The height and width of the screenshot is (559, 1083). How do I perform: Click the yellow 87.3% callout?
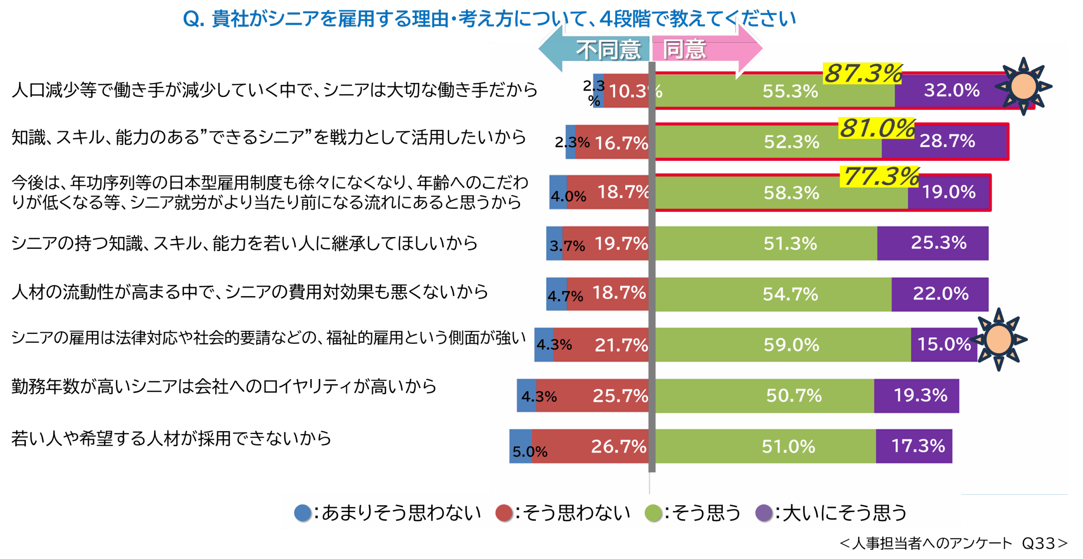click(863, 73)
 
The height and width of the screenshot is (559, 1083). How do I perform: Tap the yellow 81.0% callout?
click(877, 128)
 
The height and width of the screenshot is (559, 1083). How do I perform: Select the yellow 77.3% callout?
click(880, 176)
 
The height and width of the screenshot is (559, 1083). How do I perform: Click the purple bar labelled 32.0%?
click(952, 90)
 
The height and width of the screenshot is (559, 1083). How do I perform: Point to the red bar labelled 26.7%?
click(592, 446)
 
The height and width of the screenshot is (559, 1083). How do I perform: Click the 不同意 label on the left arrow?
click(608, 50)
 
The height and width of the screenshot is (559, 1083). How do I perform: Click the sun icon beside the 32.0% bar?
click(1023, 86)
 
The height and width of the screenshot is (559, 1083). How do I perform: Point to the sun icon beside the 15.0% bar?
click(999, 339)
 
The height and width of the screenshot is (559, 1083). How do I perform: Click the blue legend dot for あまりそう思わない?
click(303, 513)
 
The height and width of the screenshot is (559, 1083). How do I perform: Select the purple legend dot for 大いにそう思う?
click(764, 513)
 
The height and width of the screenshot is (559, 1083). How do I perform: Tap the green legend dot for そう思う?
click(653, 513)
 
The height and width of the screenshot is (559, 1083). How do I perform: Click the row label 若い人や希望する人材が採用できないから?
click(171, 438)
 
